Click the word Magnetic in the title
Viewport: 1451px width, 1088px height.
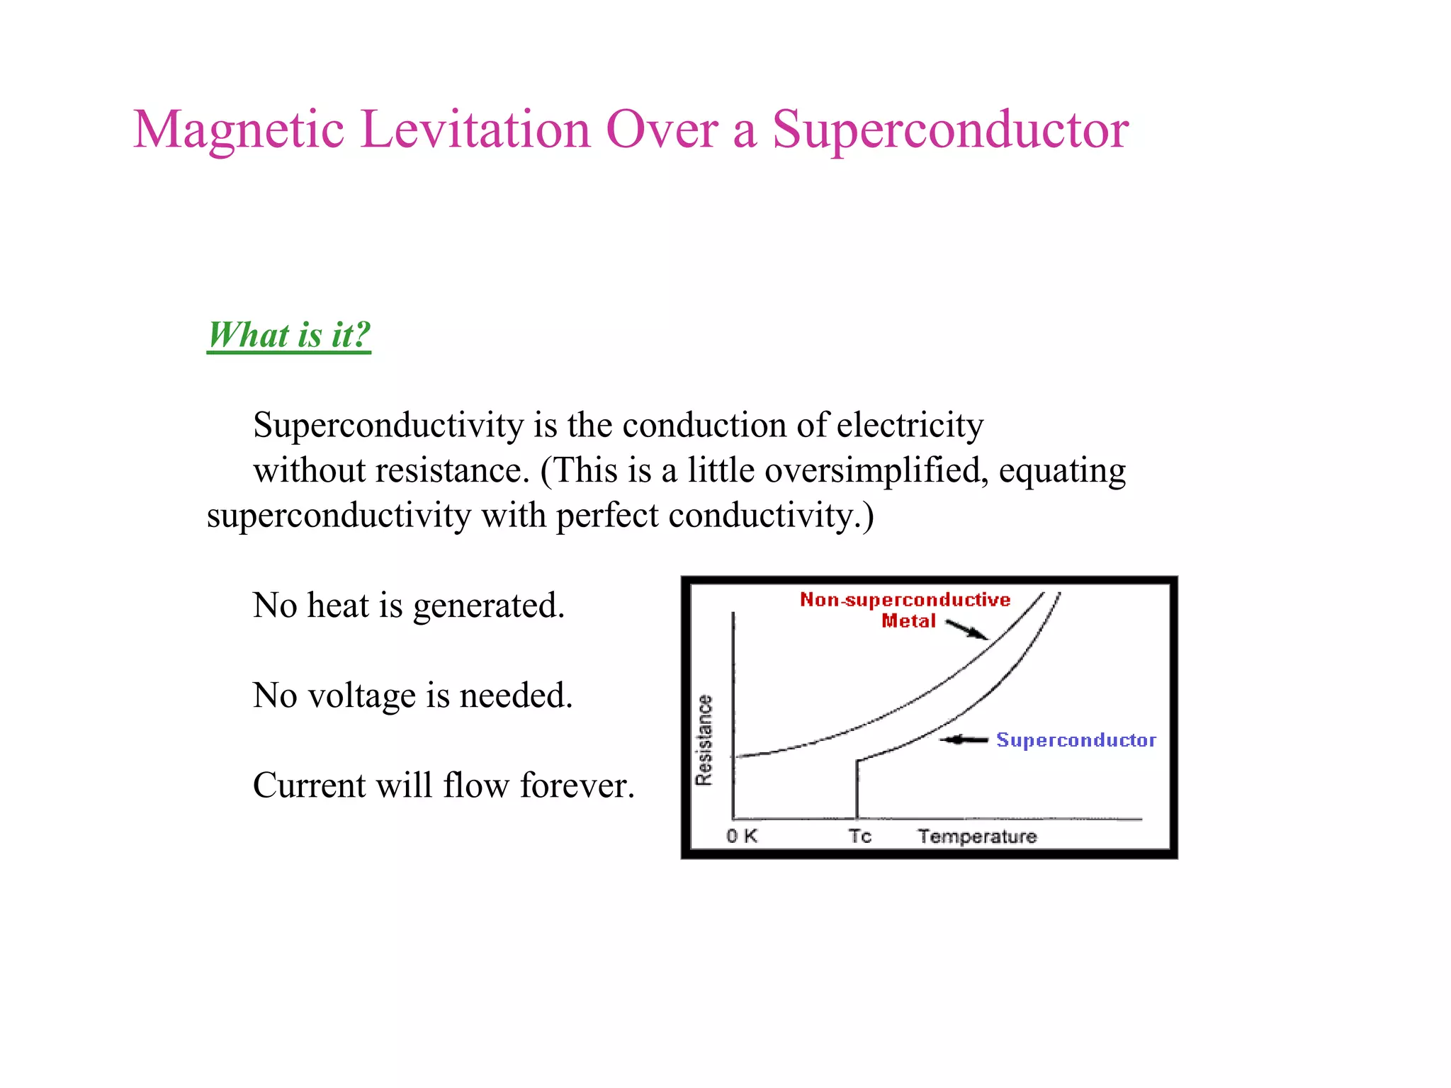pyautogui.click(x=238, y=130)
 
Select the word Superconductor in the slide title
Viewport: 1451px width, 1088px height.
pyautogui.click(x=949, y=130)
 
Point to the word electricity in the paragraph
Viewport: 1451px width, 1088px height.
pyautogui.click(x=910, y=425)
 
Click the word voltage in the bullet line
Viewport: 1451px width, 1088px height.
pyautogui.click(x=363, y=696)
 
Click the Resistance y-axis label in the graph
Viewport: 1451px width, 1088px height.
pyautogui.click(x=704, y=740)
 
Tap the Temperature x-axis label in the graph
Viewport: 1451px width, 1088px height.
pyautogui.click(x=977, y=837)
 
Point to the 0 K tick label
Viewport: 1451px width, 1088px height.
pyautogui.click(x=741, y=836)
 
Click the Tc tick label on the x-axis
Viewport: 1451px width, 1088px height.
pyautogui.click(x=859, y=836)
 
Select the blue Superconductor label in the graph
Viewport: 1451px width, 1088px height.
pyautogui.click(x=1075, y=740)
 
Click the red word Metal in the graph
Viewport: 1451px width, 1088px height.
pyautogui.click(x=908, y=621)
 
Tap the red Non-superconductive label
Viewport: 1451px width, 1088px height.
pyautogui.click(x=905, y=600)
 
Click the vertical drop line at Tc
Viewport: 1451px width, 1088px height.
pyautogui.click(x=857, y=790)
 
